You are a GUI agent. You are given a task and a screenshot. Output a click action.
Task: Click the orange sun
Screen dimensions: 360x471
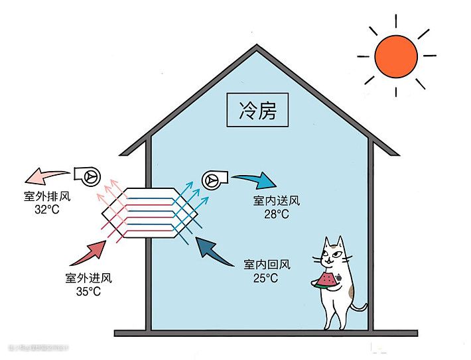coord(396,56)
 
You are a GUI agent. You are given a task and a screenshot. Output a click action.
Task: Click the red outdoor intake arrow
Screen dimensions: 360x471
coord(90,251)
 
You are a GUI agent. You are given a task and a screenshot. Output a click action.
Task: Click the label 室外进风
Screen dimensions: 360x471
coord(88,278)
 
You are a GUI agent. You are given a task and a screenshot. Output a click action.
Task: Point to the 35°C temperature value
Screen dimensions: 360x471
coord(88,291)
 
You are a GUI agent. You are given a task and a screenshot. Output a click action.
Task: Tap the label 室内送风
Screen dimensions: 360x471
coord(276,201)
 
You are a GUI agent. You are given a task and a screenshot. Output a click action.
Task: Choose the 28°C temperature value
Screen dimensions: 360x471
coord(276,213)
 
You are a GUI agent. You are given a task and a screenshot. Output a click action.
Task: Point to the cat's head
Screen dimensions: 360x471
coord(334,253)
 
